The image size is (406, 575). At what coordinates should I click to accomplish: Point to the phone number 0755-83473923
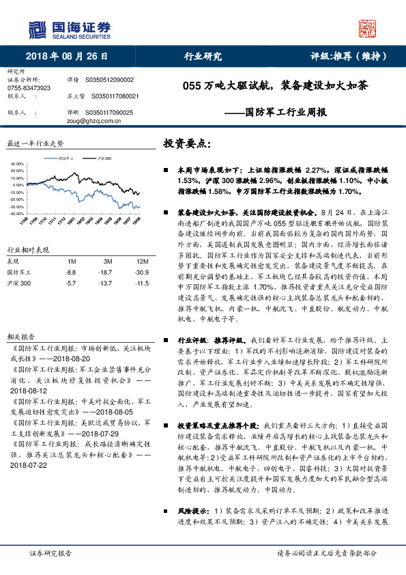click(29, 89)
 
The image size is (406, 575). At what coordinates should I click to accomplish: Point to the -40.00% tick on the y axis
click(17, 213)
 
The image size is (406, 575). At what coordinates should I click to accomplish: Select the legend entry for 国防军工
click(66, 158)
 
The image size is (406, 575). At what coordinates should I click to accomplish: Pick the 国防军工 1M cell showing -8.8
click(71, 272)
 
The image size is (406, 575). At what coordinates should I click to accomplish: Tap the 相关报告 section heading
click(20, 337)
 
